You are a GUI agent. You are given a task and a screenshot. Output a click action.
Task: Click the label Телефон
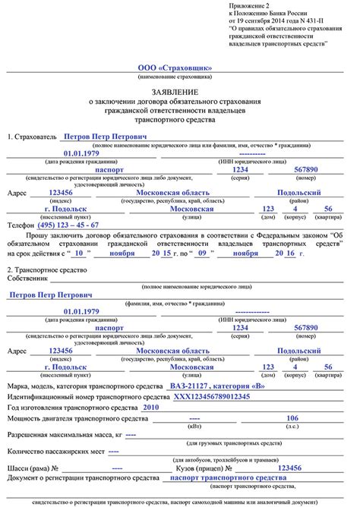pos(21,225)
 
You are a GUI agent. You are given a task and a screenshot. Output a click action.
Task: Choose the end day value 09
pos(202,253)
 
